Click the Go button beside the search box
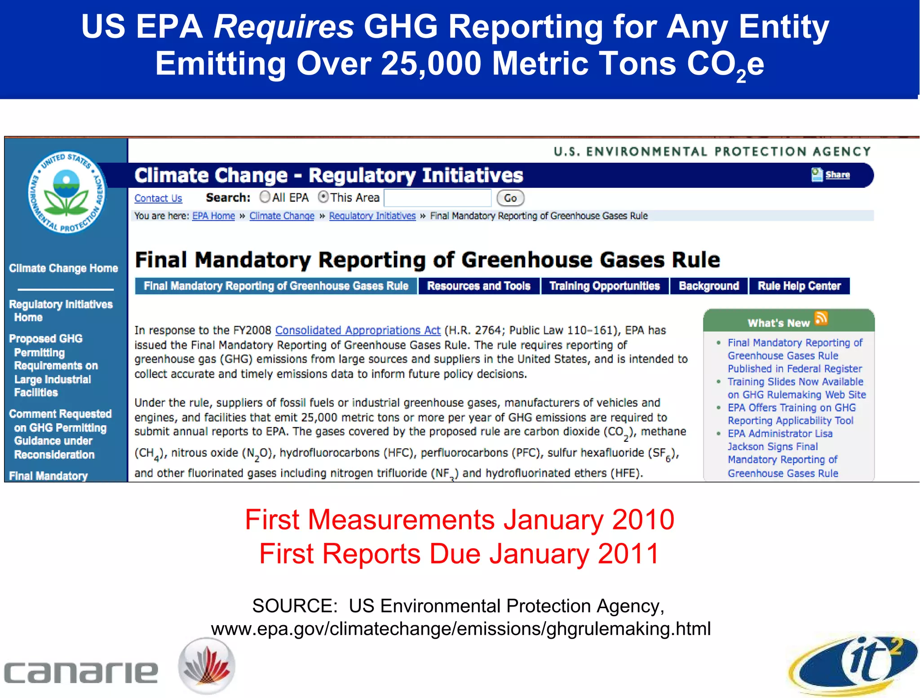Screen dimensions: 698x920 click(x=510, y=198)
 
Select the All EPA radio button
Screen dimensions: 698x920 click(x=265, y=197)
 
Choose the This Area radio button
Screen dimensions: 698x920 click(x=323, y=197)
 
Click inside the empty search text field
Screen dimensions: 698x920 click(x=438, y=198)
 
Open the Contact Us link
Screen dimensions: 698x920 click(x=158, y=198)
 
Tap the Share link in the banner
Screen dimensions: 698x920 click(x=837, y=175)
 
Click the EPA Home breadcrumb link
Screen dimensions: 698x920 click(x=213, y=216)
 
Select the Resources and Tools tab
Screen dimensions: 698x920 click(x=478, y=286)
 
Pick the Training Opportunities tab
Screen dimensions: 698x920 click(x=605, y=286)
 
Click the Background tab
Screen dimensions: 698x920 click(x=709, y=286)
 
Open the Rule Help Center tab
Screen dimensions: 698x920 click(x=799, y=286)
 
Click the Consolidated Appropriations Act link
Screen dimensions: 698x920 click(x=358, y=330)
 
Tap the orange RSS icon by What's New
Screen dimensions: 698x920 click(x=821, y=318)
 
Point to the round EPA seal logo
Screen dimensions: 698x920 click(x=67, y=192)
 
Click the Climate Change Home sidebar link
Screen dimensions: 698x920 click(x=63, y=268)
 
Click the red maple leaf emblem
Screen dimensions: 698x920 click(x=207, y=666)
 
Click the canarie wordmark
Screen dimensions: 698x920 click(x=81, y=672)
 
